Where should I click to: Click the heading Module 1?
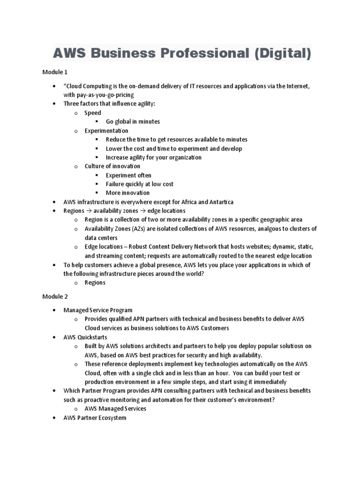coord(55,72)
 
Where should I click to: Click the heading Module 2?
coord(55,297)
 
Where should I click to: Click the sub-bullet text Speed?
coord(93,113)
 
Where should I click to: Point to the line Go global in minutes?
coord(133,122)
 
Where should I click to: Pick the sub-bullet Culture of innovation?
coord(112,166)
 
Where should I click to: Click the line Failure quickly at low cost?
coord(140,184)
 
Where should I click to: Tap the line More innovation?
coord(127,193)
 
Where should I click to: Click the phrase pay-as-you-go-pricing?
coord(99,95)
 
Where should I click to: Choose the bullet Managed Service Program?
coord(98,310)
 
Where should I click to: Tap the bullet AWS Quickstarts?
coord(85,337)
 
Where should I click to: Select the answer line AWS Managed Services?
coord(115,409)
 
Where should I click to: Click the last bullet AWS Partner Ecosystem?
coord(95,418)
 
